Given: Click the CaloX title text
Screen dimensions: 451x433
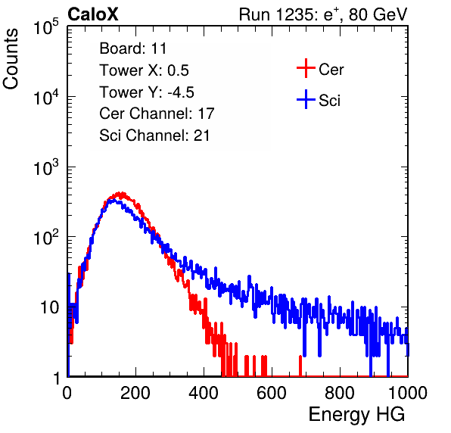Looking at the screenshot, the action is [93, 14].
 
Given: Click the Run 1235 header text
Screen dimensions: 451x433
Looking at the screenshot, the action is [323, 14].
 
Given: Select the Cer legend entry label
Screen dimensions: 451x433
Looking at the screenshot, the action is [331, 70].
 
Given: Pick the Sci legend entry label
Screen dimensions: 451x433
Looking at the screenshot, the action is [330, 101].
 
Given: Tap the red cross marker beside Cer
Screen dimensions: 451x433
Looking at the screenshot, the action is [306, 68].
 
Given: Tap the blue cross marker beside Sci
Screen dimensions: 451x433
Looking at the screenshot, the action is [306, 99].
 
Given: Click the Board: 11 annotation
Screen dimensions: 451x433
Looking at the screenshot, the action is [133, 48].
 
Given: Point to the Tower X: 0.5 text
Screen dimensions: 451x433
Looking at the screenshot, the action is [144, 70].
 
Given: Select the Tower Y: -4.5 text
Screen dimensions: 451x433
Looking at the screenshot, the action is [147, 92].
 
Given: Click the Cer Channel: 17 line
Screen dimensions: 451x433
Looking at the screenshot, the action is [157, 114].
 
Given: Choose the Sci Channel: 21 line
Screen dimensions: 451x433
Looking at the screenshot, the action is [154, 136].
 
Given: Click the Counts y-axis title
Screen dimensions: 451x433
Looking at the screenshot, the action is [11, 59].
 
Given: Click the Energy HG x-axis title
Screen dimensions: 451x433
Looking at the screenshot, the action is [356, 414].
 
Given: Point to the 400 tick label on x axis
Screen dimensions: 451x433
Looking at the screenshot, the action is [204, 393].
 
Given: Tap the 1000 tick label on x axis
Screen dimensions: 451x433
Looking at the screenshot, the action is [408, 393].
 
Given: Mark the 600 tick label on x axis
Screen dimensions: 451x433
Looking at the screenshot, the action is [272, 393].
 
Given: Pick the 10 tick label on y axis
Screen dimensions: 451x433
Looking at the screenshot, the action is [50, 307].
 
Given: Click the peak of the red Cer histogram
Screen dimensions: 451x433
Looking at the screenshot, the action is [122, 193].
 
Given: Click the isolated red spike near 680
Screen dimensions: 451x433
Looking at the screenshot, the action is [300, 366].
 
